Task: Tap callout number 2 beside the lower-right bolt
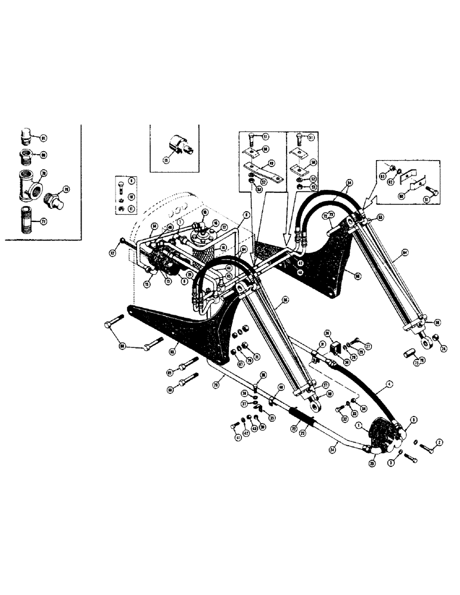point(439,442)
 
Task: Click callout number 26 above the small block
point(327,333)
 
